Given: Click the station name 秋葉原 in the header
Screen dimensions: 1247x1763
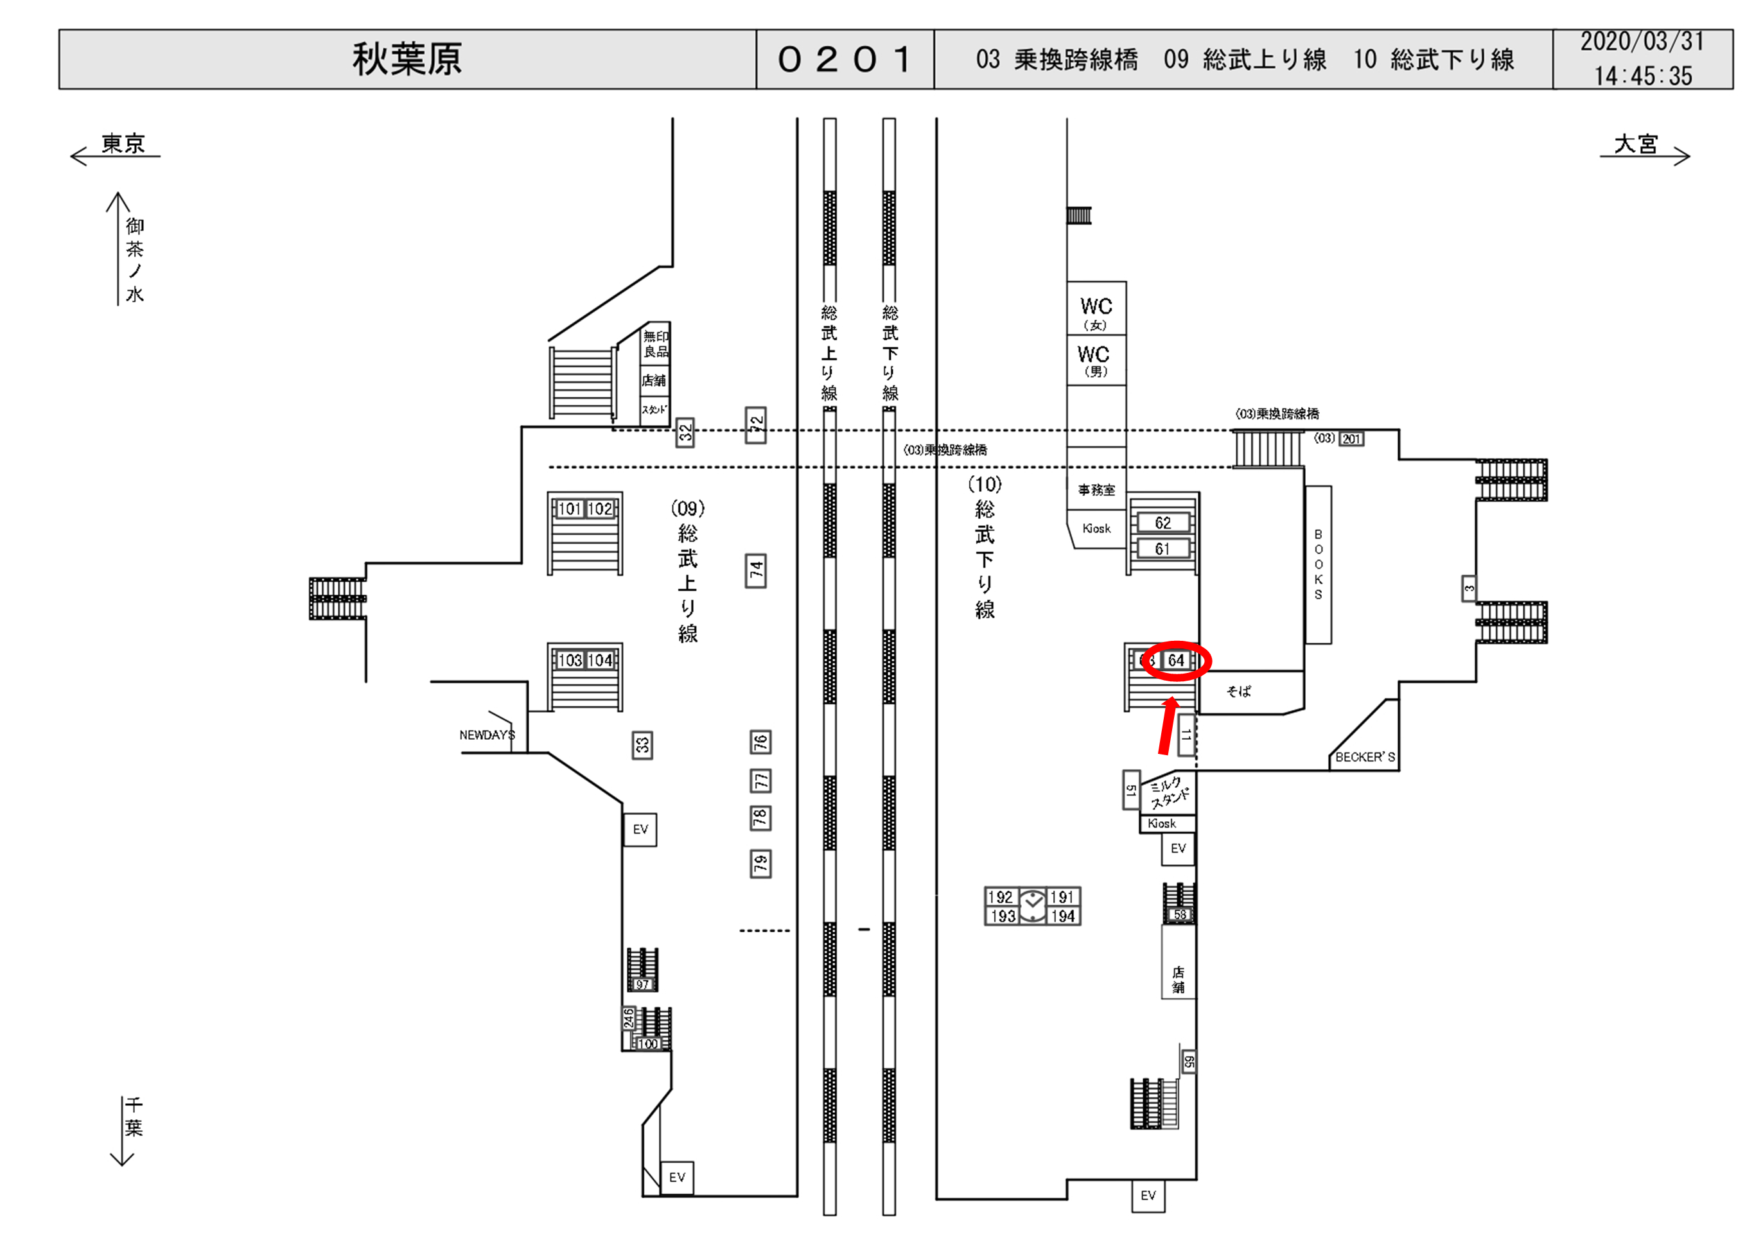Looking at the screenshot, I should tap(407, 59).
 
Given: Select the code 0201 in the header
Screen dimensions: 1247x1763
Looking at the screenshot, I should tap(845, 59).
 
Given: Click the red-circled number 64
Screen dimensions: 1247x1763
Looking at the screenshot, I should tap(1175, 660).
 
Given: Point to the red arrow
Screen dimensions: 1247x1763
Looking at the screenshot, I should tap(1167, 726).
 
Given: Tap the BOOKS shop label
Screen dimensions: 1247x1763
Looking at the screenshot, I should tap(1319, 564).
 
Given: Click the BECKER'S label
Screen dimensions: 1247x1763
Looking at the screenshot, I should tap(1365, 757).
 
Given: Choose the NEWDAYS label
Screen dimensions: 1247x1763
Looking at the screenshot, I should tap(487, 735).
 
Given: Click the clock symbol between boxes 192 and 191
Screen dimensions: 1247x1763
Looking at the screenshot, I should tap(1033, 906).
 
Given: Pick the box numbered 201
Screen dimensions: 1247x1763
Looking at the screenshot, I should tap(1351, 439).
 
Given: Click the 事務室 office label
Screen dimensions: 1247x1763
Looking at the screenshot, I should tap(1096, 490).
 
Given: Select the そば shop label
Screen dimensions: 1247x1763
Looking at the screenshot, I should tap(1238, 692).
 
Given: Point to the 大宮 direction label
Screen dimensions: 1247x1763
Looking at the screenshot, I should tap(1636, 144).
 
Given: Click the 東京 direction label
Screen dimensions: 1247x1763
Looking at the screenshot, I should tap(123, 144).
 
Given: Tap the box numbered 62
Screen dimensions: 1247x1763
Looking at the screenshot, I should tap(1162, 523).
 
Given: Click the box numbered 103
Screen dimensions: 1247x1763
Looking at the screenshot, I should tap(570, 660).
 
